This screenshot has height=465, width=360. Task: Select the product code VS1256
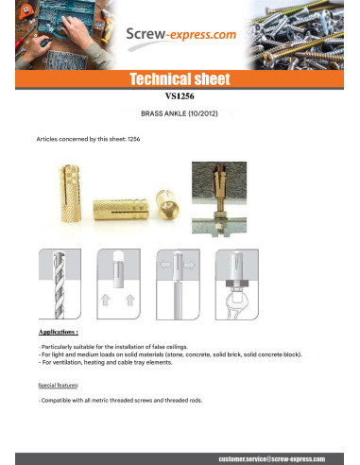pyautogui.click(x=180, y=95)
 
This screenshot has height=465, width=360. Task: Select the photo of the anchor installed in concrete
pyautogui.click(x=218, y=195)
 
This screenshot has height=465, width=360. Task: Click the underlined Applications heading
pyautogui.click(x=59, y=334)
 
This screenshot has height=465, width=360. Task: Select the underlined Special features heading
pyautogui.click(x=58, y=385)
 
